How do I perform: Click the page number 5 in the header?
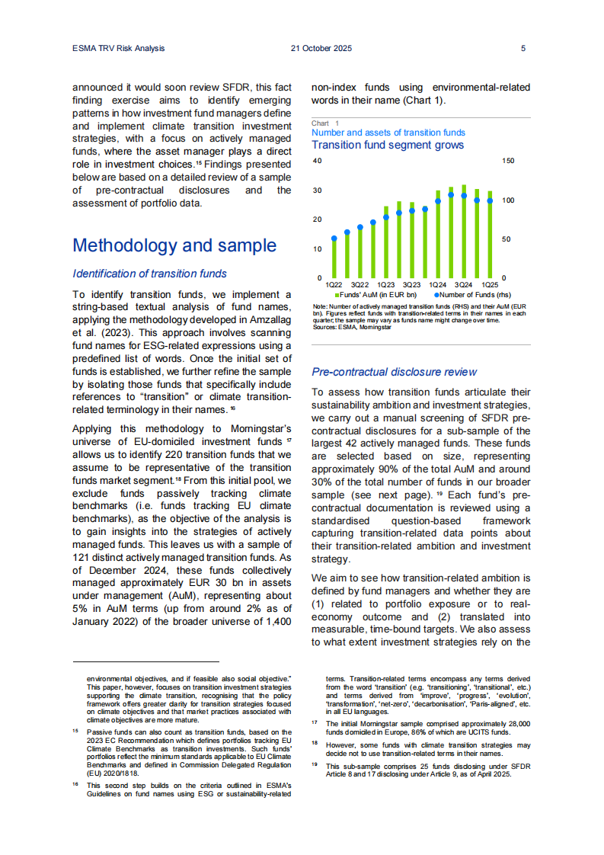click(523, 48)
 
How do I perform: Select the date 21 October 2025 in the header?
click(321, 48)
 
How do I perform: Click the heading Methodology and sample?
click(174, 245)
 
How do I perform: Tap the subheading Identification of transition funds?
click(149, 274)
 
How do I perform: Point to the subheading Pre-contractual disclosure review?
click(395, 372)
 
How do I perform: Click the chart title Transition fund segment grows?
click(388, 145)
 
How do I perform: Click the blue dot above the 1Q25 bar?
click(490, 200)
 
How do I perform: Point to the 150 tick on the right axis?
click(509, 162)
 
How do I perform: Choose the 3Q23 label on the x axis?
click(411, 284)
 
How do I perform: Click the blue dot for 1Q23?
click(386, 217)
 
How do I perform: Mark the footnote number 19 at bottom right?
click(315, 765)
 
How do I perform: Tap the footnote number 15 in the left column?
click(76, 730)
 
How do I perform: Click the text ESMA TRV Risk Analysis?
click(113, 48)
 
